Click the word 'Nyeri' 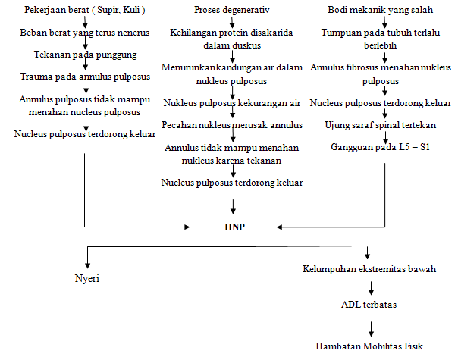(x=86, y=278)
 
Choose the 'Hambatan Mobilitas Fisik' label (x=369, y=345)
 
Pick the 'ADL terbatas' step (x=370, y=305)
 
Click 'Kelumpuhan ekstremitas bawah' (x=369, y=269)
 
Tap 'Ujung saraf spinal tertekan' (x=377, y=124)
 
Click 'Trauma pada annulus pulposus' (x=85, y=77)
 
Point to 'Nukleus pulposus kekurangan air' (x=232, y=102)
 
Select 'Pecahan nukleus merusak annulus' (x=232, y=124)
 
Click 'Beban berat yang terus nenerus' (x=84, y=33)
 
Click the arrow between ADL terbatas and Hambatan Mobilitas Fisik (x=370, y=326)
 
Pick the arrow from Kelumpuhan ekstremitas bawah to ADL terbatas (x=370, y=287)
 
